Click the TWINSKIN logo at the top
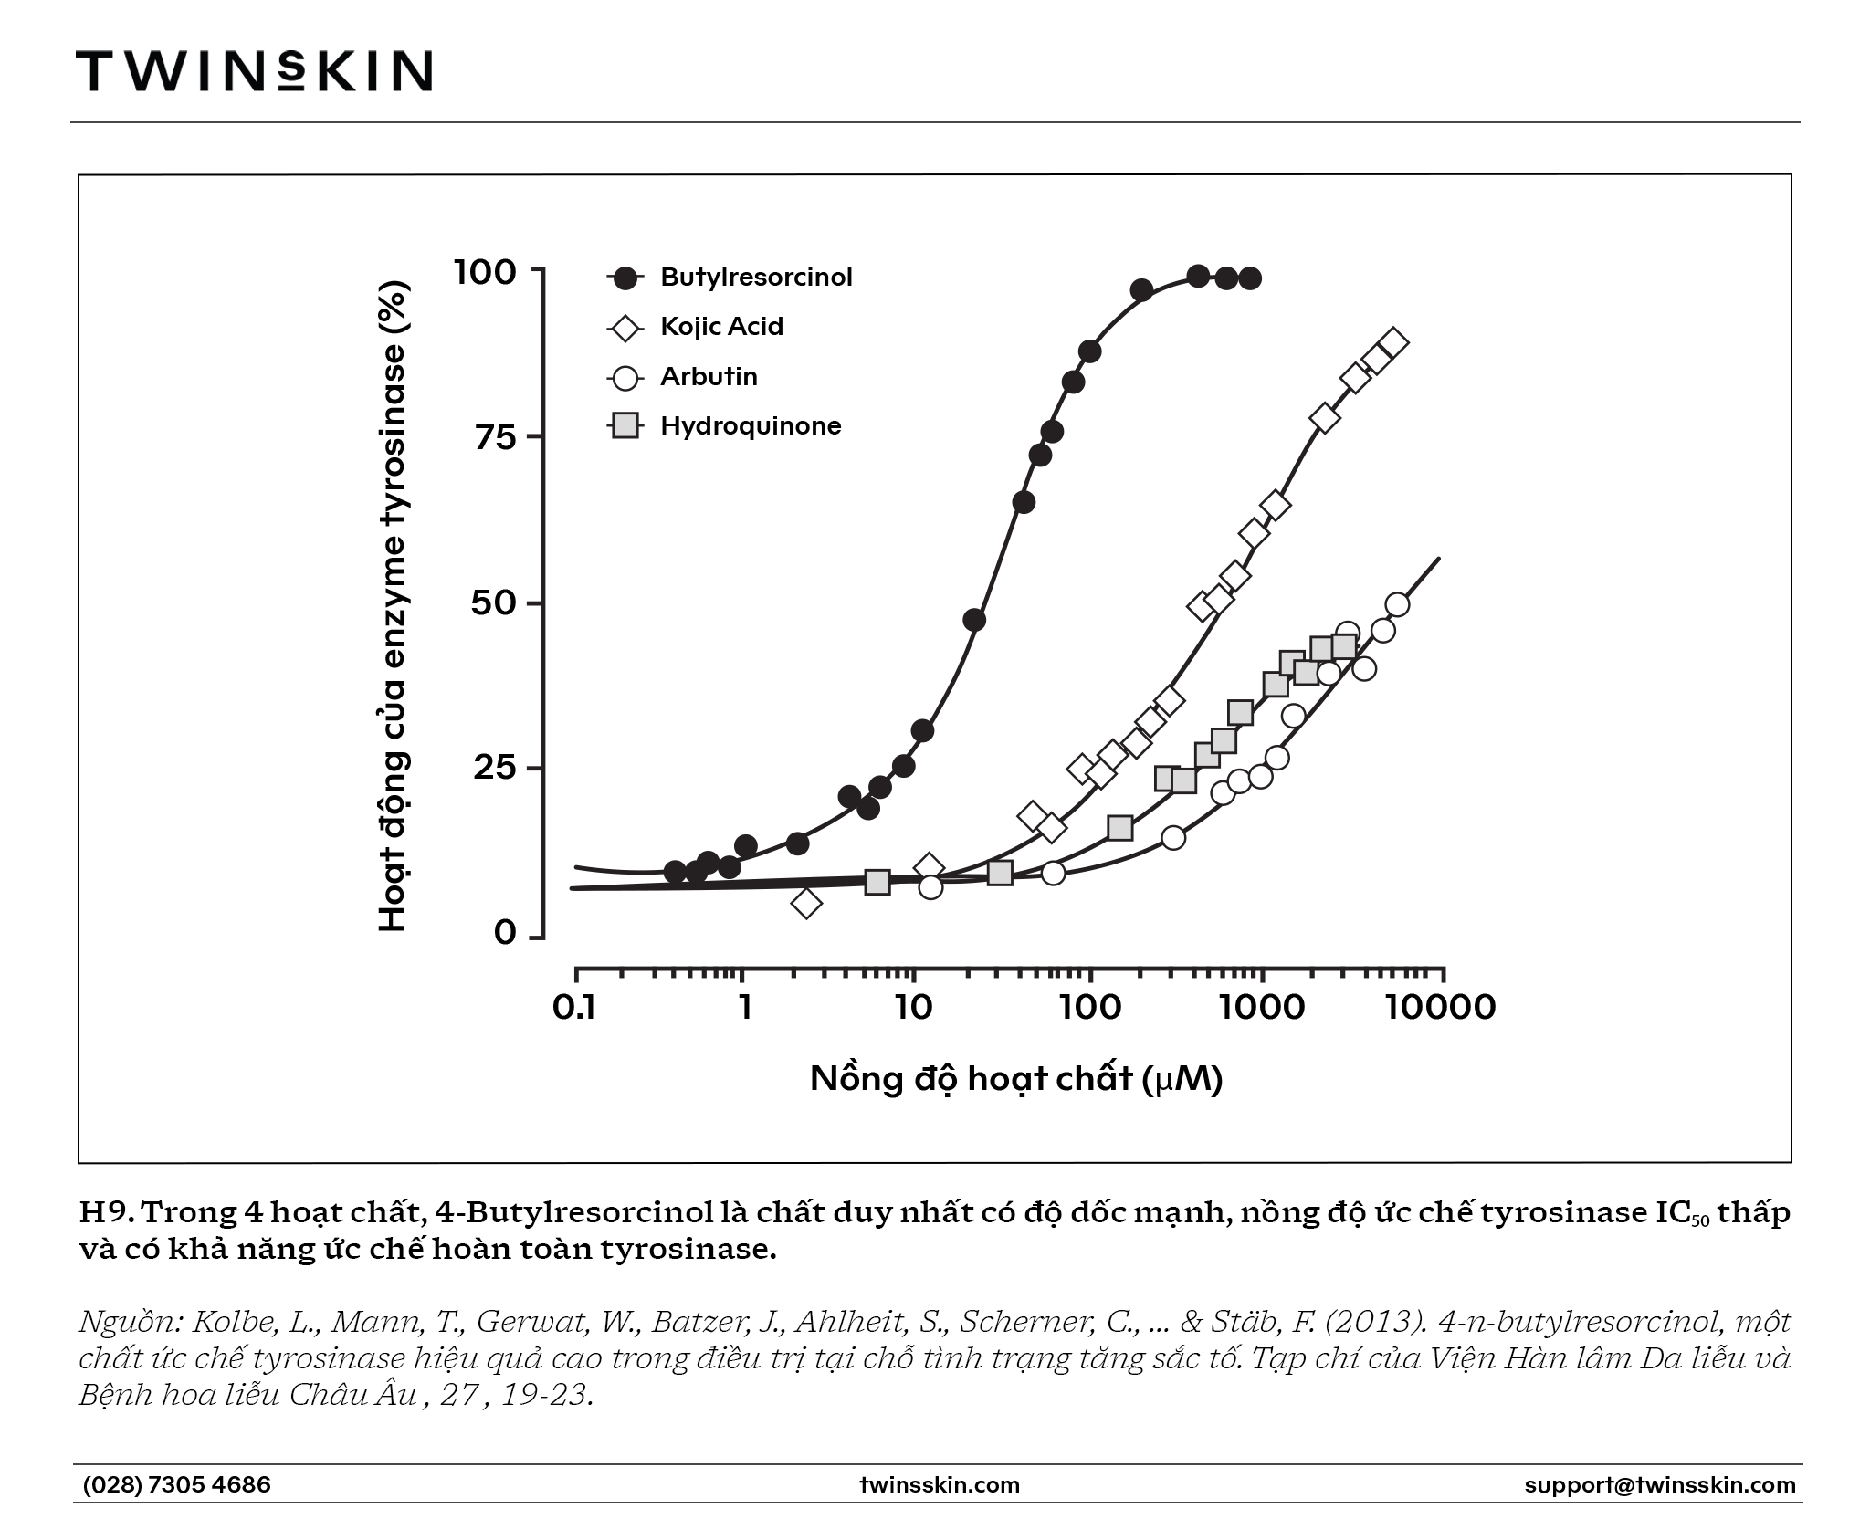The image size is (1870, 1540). pyautogui.click(x=254, y=70)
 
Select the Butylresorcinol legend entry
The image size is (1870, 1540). pyautogui.click(x=730, y=278)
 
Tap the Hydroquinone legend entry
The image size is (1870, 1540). pyautogui.click(x=724, y=425)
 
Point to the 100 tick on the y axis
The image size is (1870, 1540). pyautogui.click(x=485, y=271)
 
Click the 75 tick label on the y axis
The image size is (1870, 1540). pyautogui.click(x=495, y=437)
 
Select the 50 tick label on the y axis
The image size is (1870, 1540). pyautogui.click(x=494, y=602)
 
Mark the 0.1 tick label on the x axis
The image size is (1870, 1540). pyautogui.click(x=574, y=1007)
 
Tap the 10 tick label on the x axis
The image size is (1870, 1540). pyautogui.click(x=913, y=1007)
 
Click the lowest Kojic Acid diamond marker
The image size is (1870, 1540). pyautogui.click(x=806, y=904)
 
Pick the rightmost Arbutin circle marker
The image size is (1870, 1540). pyautogui.click(x=1397, y=604)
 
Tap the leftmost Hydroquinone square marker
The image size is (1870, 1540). pyautogui.click(x=877, y=882)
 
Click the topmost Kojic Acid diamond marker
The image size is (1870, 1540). pyautogui.click(x=1393, y=342)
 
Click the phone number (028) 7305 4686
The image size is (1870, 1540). pyautogui.click(x=177, y=1484)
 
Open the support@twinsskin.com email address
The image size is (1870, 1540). pyautogui.click(x=1660, y=1485)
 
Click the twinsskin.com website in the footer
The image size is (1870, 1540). pyautogui.click(x=940, y=1485)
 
